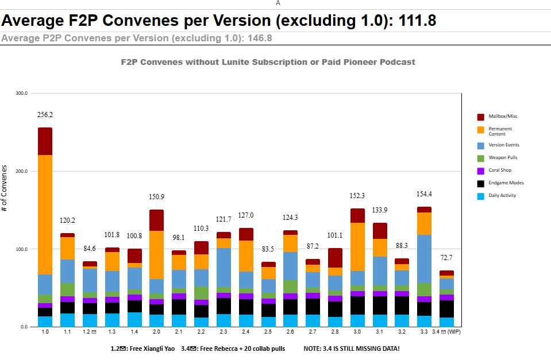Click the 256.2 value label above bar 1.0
click(x=45, y=115)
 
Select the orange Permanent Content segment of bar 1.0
click(x=45, y=215)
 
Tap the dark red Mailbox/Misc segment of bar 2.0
click(x=156, y=220)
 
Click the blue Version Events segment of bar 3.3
click(x=424, y=259)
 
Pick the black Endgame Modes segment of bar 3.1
click(x=380, y=305)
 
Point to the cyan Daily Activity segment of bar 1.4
click(x=134, y=320)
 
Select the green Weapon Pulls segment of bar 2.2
click(x=201, y=293)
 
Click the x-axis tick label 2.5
click(x=268, y=331)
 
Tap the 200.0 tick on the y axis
click(x=21, y=172)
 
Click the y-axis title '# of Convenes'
click(x=4, y=188)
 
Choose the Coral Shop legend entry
click(x=494, y=171)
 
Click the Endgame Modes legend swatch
click(x=481, y=183)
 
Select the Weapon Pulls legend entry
click(x=497, y=158)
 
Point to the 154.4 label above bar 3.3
click(x=424, y=194)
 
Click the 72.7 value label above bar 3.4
click(x=446, y=258)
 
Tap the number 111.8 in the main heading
click(x=418, y=20)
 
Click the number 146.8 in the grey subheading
click(x=260, y=38)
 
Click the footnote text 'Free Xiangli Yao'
click(x=152, y=349)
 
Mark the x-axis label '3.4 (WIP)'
click(x=446, y=331)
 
